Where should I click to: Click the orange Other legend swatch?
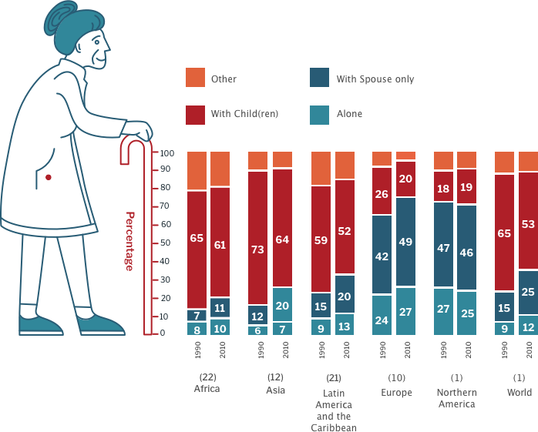pos(196,79)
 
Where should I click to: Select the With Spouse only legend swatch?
pos(318,79)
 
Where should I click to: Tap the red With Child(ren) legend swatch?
pos(196,114)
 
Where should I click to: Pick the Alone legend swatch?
pos(318,114)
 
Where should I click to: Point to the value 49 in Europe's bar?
pos(406,242)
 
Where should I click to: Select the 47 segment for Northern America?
pos(442,249)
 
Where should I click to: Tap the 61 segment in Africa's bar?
pos(220,245)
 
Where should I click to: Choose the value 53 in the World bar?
pos(529,224)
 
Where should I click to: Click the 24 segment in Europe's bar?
pos(382,320)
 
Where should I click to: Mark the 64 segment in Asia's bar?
pos(282,239)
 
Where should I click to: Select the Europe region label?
pos(395,393)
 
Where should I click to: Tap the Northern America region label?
pos(455,398)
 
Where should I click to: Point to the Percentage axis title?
pos(129,241)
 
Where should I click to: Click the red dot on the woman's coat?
pos(49,178)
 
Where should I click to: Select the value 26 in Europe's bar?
pos(382,195)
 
